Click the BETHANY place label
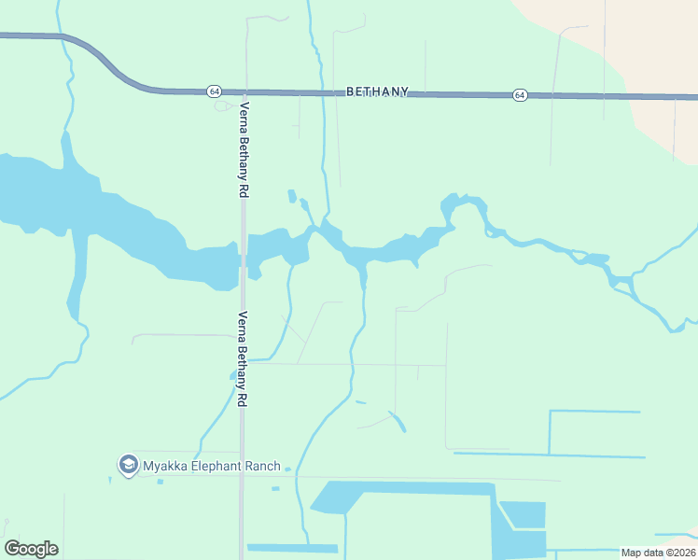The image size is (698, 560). click(x=377, y=91)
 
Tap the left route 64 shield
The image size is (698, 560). click(x=215, y=91)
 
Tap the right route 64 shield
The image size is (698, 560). click(x=520, y=95)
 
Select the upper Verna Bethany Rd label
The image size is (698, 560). click(x=244, y=149)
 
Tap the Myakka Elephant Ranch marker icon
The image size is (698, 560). click(x=128, y=464)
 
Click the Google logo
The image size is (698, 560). click(x=31, y=548)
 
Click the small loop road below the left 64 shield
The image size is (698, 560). click(x=225, y=105)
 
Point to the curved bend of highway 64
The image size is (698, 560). click(x=103, y=59)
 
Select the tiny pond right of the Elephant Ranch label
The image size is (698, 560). click(x=274, y=488)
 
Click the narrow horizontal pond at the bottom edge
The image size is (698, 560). click(x=291, y=548)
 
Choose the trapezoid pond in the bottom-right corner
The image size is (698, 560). click(x=523, y=513)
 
